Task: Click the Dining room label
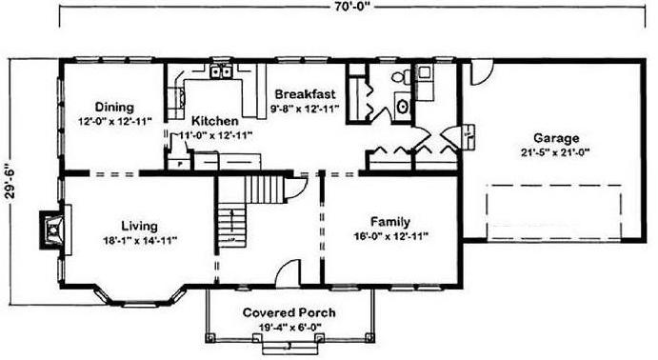pos(114,107)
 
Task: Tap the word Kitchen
pos(215,121)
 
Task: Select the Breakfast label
pos(305,93)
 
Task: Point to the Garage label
pos(556,138)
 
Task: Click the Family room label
pos(390,222)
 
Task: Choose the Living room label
pos(139,226)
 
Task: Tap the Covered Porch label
pos(289,312)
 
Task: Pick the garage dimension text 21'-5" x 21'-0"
pos(555,152)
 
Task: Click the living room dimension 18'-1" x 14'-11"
pos(140,241)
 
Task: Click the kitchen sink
pos(222,72)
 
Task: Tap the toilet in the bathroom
pos(402,75)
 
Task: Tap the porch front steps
pos(288,347)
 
